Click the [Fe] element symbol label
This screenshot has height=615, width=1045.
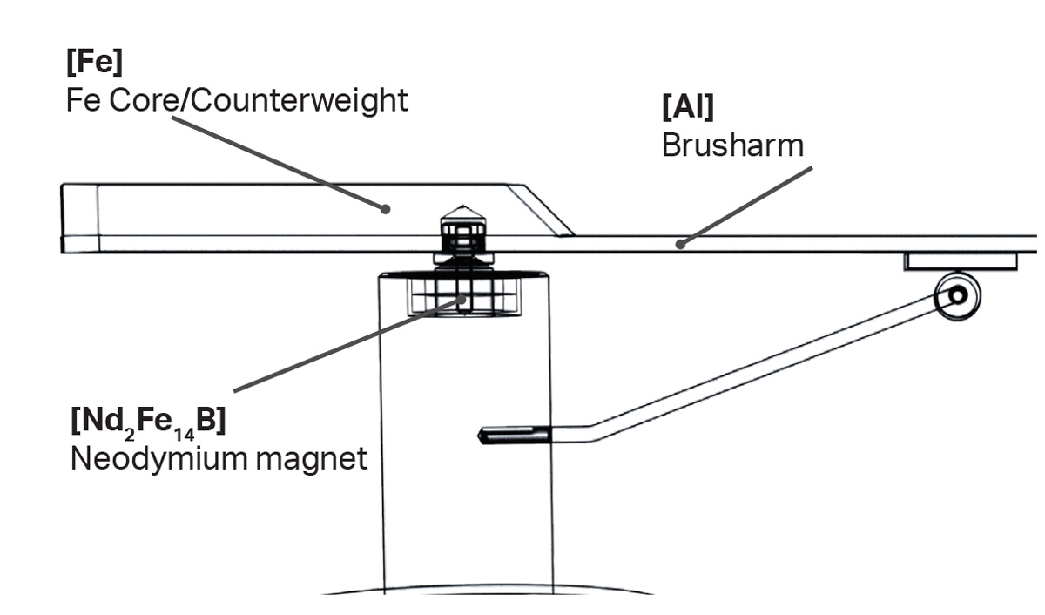click(x=94, y=64)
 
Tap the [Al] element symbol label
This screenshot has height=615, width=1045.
click(x=687, y=107)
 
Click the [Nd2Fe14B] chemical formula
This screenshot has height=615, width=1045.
click(x=147, y=422)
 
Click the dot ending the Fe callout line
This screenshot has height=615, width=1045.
click(x=384, y=207)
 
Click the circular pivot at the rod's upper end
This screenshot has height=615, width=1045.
click(x=957, y=295)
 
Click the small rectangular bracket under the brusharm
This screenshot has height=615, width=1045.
click(x=960, y=260)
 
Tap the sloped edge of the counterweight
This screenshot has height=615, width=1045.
click(x=545, y=209)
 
